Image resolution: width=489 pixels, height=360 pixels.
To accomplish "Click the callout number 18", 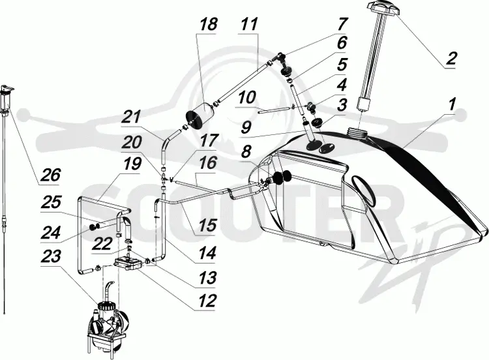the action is [x=207, y=24].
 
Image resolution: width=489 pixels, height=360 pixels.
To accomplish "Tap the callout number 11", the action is [x=250, y=24].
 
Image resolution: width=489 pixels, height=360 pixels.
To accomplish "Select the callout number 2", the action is [x=451, y=59].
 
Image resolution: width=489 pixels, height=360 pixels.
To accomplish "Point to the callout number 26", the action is [x=50, y=175].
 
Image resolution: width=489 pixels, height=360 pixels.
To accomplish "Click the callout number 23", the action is [x=51, y=258].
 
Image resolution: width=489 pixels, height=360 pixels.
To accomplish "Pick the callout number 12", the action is [x=206, y=301].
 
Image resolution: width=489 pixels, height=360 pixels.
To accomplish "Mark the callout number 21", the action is [x=132, y=118].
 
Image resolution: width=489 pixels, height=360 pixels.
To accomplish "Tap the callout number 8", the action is [x=246, y=152].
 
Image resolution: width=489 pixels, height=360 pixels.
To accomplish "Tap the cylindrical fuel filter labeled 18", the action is [x=200, y=116].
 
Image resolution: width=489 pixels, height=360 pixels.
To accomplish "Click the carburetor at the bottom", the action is [x=107, y=324].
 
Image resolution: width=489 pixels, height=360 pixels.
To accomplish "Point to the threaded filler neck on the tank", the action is [x=358, y=132].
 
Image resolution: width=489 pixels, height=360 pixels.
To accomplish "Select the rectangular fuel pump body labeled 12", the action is [x=128, y=264].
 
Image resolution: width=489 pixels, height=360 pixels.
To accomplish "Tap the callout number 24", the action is [x=51, y=233].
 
